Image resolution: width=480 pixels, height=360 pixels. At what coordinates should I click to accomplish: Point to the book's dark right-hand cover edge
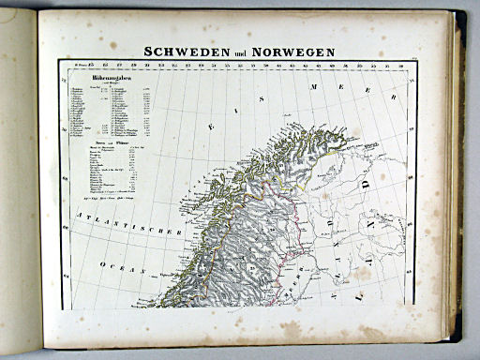[x=458, y=178]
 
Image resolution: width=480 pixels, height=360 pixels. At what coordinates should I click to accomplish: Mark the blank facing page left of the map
[x=19, y=187]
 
